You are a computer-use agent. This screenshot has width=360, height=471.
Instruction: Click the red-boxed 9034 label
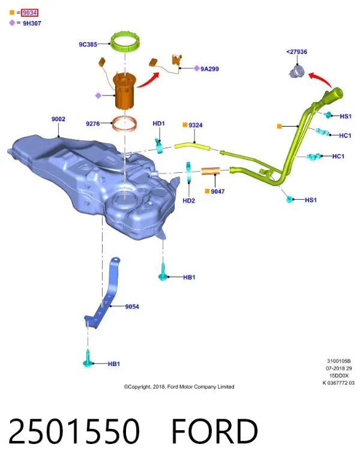pyautogui.click(x=29, y=13)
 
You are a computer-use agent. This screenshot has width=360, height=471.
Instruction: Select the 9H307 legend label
pyautogui.click(x=32, y=23)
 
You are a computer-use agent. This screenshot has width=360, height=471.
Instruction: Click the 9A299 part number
pyautogui.click(x=209, y=69)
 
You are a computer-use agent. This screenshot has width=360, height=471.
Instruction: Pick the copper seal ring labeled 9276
pyautogui.click(x=124, y=124)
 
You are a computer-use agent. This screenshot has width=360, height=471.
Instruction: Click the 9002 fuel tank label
pyautogui.click(x=58, y=119)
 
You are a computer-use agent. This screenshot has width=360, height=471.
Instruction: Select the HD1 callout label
pyautogui.click(x=158, y=123)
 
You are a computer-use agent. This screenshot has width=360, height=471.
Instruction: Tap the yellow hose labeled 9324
pyautogui.click(x=192, y=146)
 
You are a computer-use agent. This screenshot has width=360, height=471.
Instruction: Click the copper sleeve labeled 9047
pyautogui.click(x=211, y=171)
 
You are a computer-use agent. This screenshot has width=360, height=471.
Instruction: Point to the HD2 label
pyautogui.click(x=189, y=200)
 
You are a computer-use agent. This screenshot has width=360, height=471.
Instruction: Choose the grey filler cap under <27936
pyautogui.click(x=297, y=72)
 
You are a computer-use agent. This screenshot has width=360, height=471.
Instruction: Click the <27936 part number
pyautogui.click(x=296, y=52)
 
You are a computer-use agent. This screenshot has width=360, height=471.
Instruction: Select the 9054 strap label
pyautogui.click(x=132, y=307)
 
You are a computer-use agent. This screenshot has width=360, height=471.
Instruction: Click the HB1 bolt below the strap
pyautogui.click(x=87, y=359)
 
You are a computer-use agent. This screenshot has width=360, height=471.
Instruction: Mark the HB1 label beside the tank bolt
pyautogui.click(x=189, y=277)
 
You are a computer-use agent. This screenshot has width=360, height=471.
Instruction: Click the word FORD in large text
pyautogui.click(x=215, y=431)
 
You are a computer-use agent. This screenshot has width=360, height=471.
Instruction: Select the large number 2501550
pyautogui.click(x=74, y=431)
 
